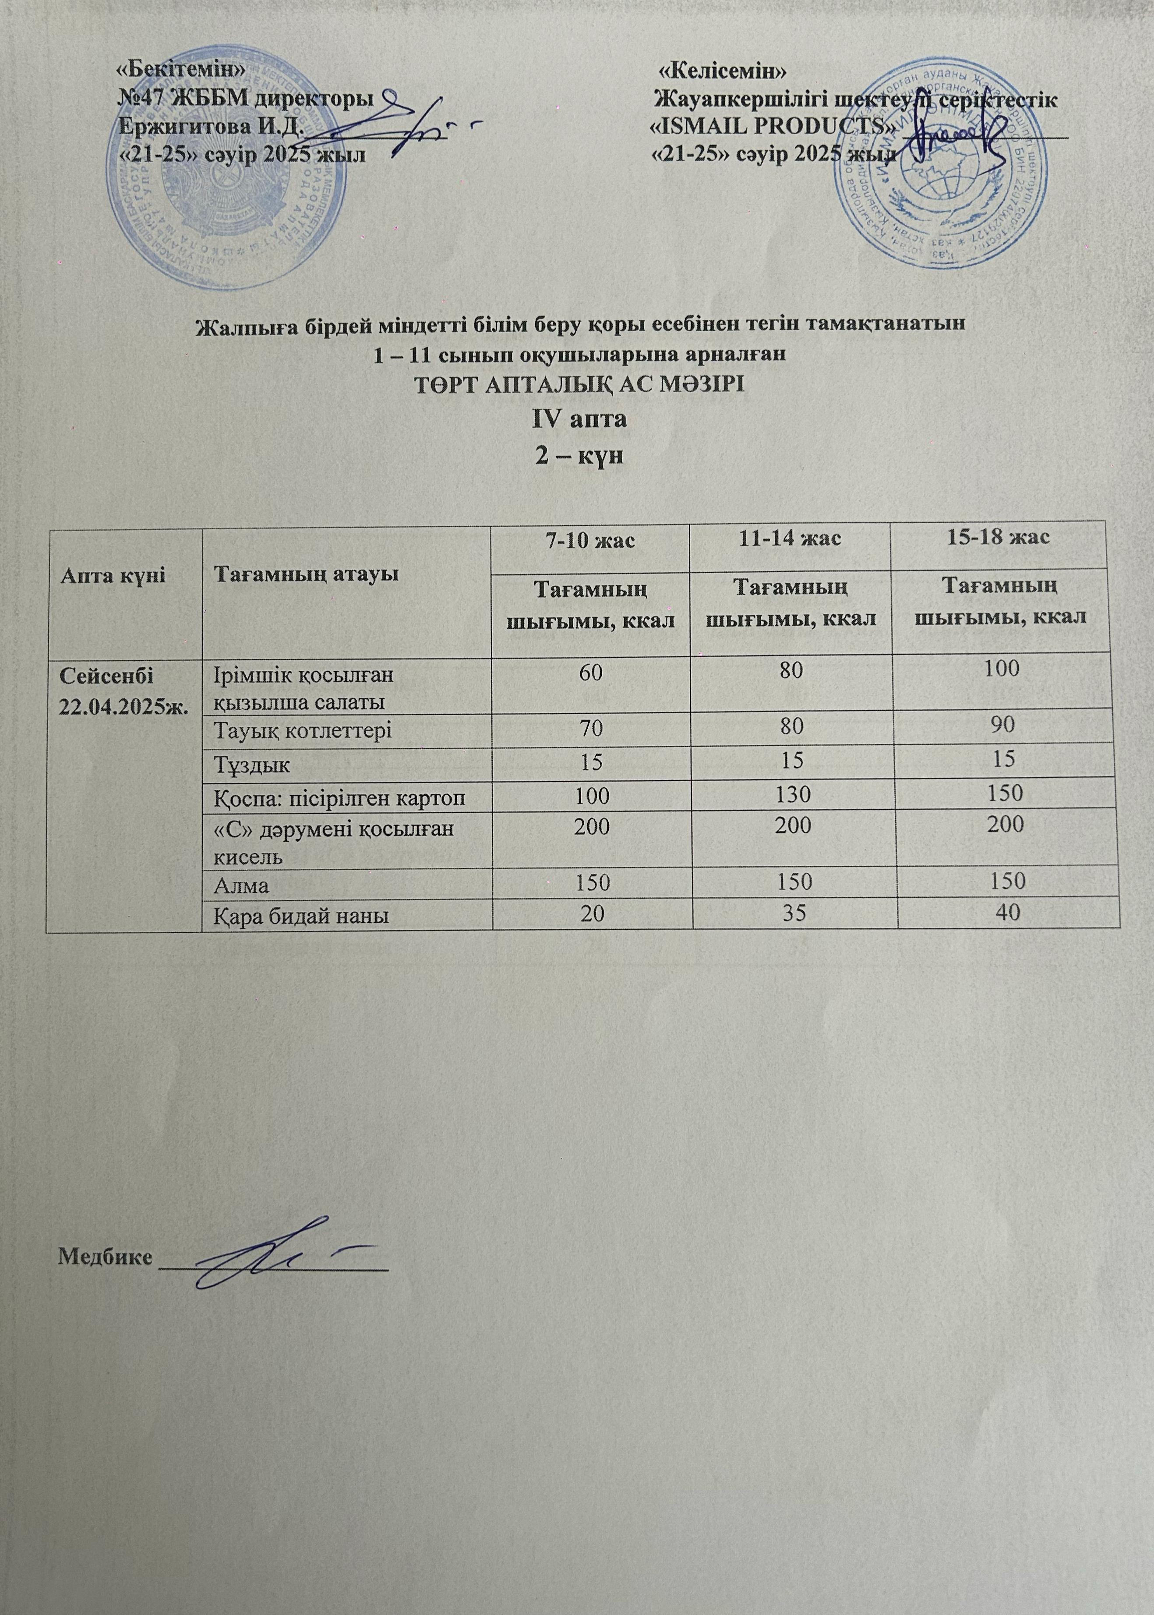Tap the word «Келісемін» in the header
pyautogui.click(x=722, y=71)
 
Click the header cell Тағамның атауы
pyautogui.click(x=306, y=574)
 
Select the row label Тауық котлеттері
pyautogui.click(x=303, y=730)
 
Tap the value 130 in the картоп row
pyautogui.click(x=793, y=794)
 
